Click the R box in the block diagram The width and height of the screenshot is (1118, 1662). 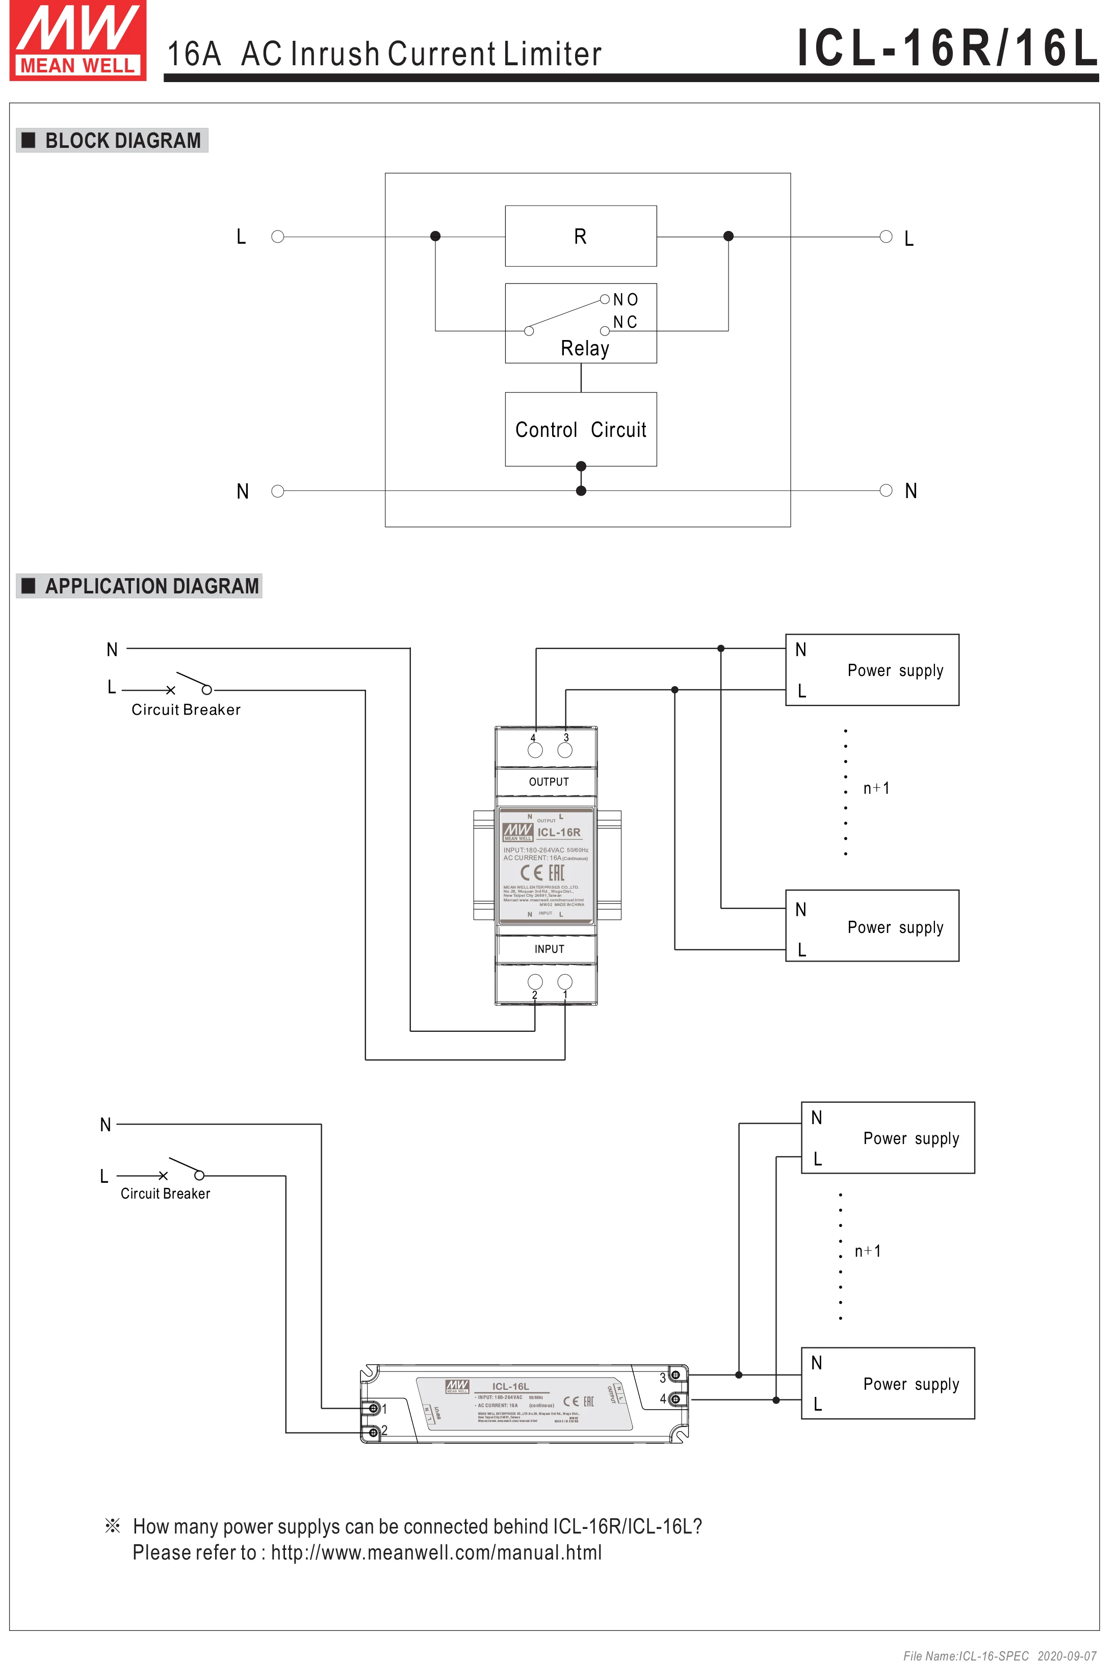[580, 236]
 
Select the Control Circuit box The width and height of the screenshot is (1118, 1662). [580, 429]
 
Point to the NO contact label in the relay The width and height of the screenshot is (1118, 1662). [626, 299]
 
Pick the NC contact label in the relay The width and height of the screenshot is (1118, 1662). [625, 322]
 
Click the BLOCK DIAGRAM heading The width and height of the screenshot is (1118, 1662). [123, 141]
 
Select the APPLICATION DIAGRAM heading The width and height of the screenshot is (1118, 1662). [151, 586]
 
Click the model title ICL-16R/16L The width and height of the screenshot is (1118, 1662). [947, 48]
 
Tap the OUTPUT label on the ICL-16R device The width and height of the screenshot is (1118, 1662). [549, 782]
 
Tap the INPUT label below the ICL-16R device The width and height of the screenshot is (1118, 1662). [549, 949]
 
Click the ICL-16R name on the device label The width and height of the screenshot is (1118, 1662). [558, 832]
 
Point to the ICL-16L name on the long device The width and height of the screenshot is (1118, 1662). [510, 1386]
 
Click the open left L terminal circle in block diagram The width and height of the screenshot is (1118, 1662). [278, 237]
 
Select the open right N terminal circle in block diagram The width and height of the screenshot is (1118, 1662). [886, 490]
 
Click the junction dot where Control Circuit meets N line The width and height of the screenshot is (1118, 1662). [581, 490]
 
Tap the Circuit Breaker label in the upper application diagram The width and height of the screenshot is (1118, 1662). [186, 710]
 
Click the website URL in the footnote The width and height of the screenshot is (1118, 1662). [436, 1552]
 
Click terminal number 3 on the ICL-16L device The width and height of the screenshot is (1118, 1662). [662, 1378]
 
